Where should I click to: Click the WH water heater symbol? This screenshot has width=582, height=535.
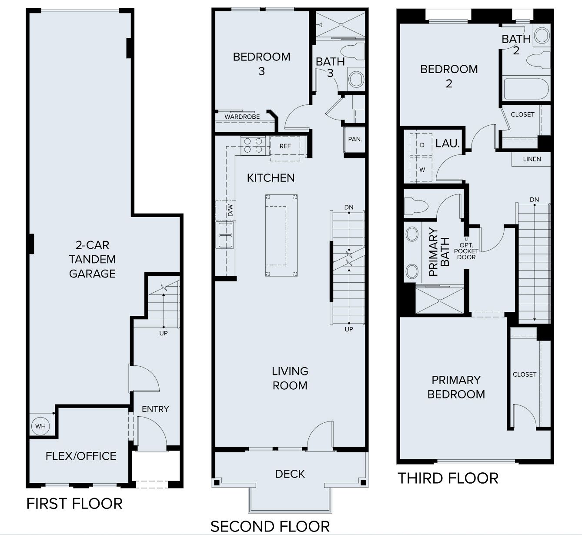point(40,426)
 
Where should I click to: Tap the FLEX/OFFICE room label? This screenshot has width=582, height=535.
point(81,456)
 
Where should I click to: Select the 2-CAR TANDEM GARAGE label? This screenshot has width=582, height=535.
point(92,259)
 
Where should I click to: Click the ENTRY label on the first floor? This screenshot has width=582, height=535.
point(155,409)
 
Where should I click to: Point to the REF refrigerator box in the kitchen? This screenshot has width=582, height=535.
point(285,146)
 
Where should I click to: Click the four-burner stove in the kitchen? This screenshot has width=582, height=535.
point(254,145)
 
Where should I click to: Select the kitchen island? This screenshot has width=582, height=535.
point(281,235)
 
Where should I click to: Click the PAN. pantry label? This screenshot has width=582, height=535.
point(355,139)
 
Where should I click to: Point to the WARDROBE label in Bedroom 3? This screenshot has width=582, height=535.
point(242,117)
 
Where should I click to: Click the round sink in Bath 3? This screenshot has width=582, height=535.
point(356,80)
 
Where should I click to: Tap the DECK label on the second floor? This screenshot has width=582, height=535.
point(290,474)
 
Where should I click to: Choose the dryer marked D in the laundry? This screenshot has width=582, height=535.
point(421,145)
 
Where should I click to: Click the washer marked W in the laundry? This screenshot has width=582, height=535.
point(421,170)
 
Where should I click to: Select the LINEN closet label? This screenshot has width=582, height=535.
point(532,159)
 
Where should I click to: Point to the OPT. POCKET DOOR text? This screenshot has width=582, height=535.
point(466,251)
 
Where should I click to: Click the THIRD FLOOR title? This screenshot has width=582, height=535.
point(448,478)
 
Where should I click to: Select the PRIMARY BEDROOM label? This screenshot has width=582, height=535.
point(456,387)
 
